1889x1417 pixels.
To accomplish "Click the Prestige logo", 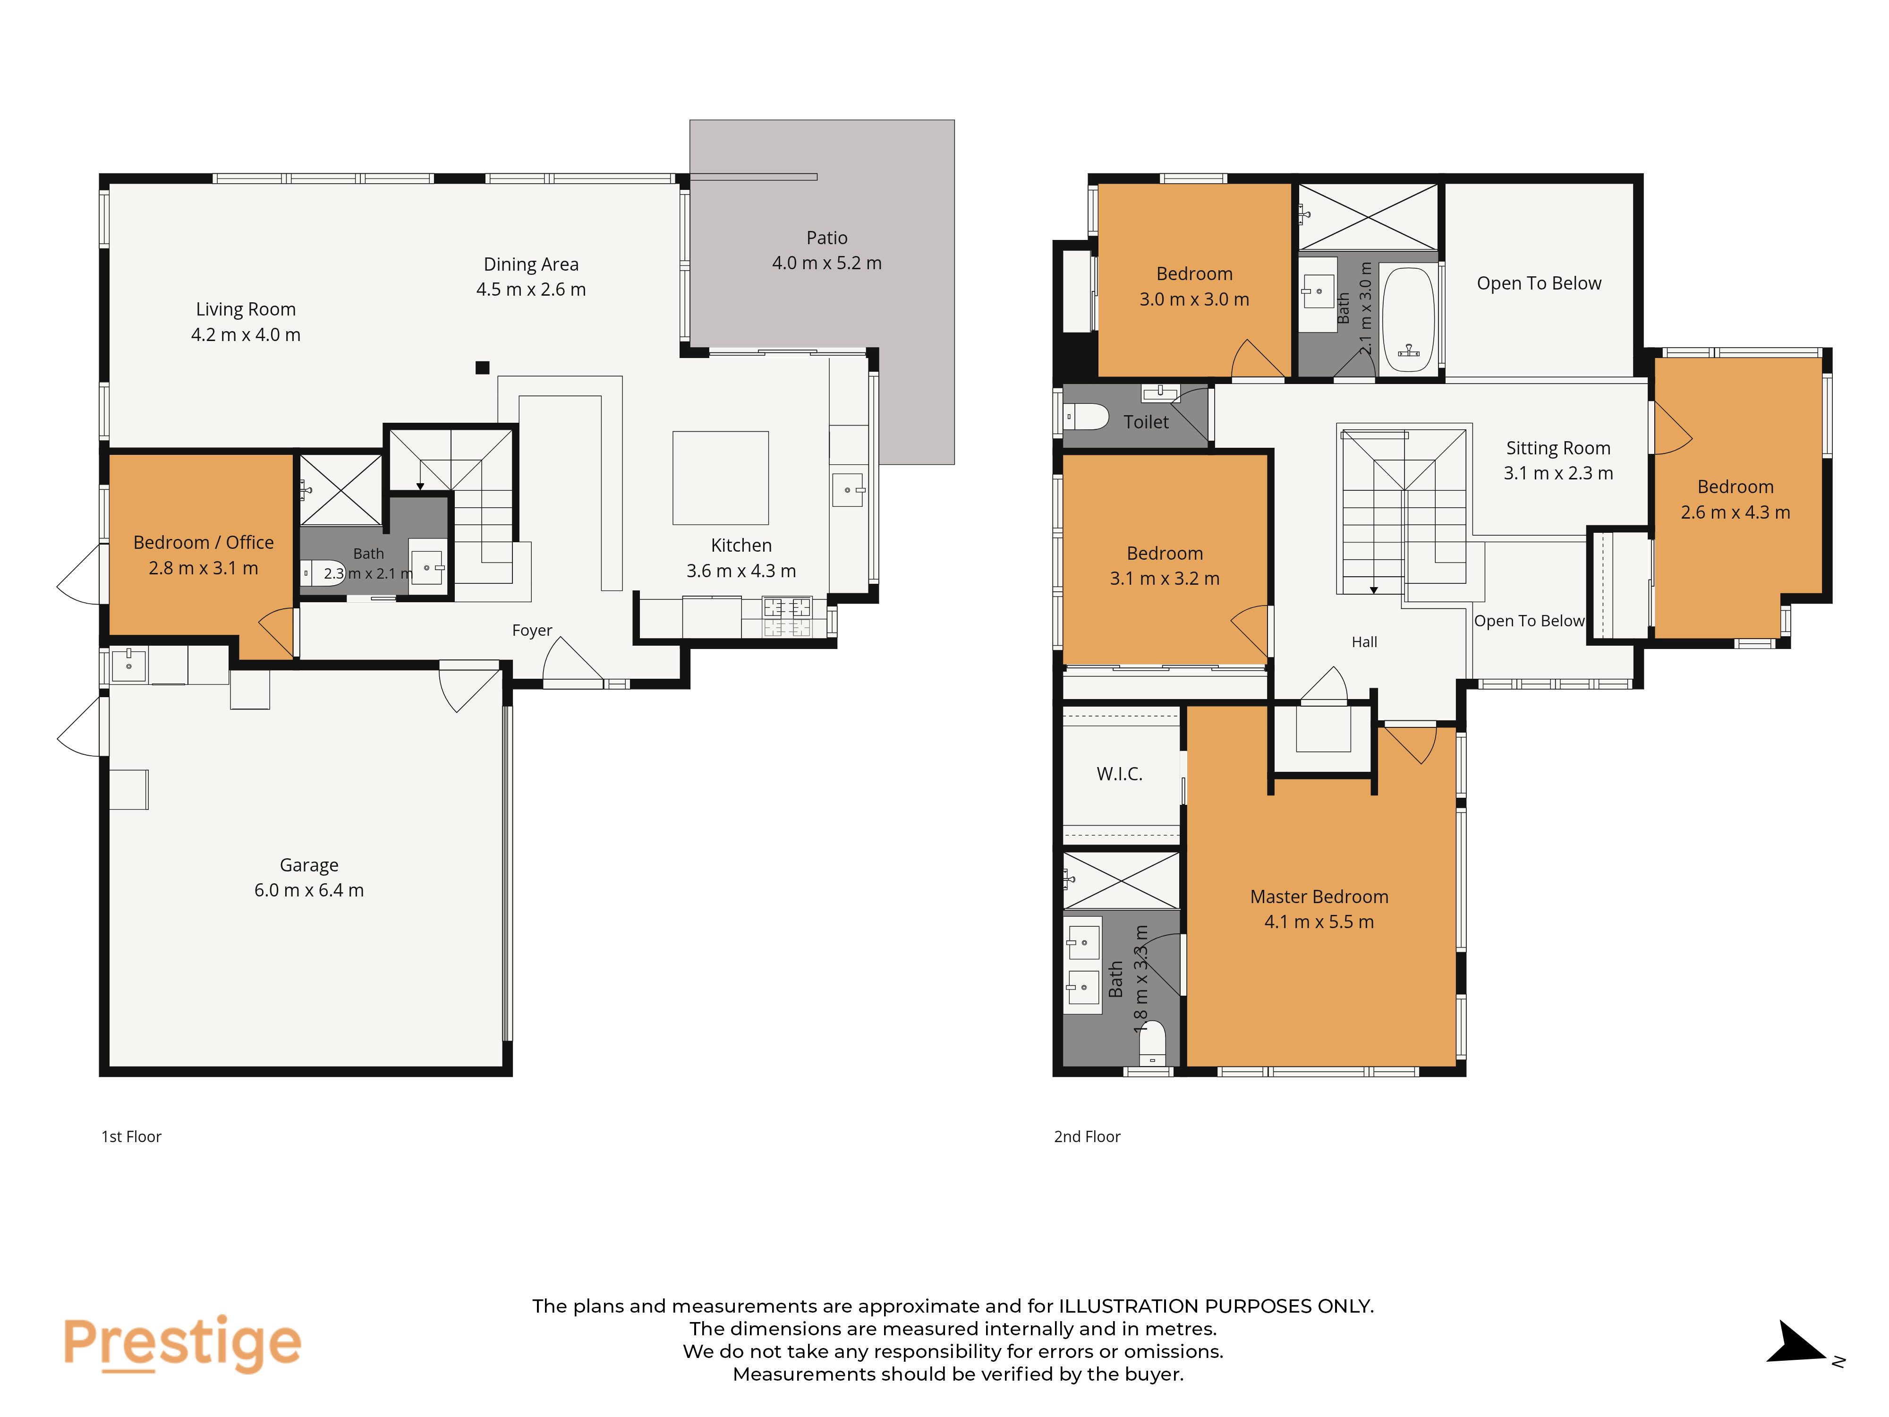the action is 182,1343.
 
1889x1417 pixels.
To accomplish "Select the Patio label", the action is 826,238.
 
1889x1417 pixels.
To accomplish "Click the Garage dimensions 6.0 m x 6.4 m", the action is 309,890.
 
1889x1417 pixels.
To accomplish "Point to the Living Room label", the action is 246,309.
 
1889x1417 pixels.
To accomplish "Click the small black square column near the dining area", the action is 483,367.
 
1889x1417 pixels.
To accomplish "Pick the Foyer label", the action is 532,631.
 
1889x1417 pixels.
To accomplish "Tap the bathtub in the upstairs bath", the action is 1408,320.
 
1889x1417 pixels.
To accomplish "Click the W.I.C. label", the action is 1120,774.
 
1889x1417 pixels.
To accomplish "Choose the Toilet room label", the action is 1146,422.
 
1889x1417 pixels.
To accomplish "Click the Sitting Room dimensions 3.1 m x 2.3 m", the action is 1558,473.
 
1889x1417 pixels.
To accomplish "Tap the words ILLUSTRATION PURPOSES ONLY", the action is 1216,1306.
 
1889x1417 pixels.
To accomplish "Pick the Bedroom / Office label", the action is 203,542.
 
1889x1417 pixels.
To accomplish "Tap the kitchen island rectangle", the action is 721,478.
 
